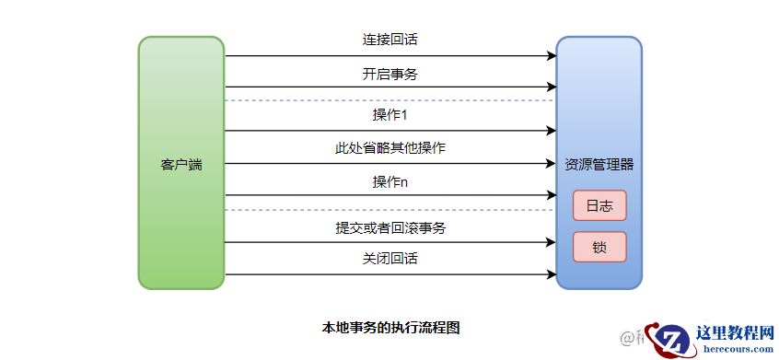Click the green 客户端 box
point(181,164)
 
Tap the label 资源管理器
point(599,165)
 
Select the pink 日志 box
point(599,205)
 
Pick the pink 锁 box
point(599,247)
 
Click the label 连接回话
point(390,41)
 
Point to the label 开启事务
point(390,74)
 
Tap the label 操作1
point(390,115)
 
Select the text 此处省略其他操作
point(390,148)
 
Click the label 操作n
point(390,181)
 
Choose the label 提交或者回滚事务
point(390,227)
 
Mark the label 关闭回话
point(390,259)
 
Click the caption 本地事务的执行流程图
point(389,327)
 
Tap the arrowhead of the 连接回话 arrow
point(552,56)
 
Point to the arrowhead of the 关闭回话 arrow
point(552,274)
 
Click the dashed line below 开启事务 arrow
point(390,99)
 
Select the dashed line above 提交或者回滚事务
point(390,210)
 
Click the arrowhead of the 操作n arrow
point(552,195)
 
